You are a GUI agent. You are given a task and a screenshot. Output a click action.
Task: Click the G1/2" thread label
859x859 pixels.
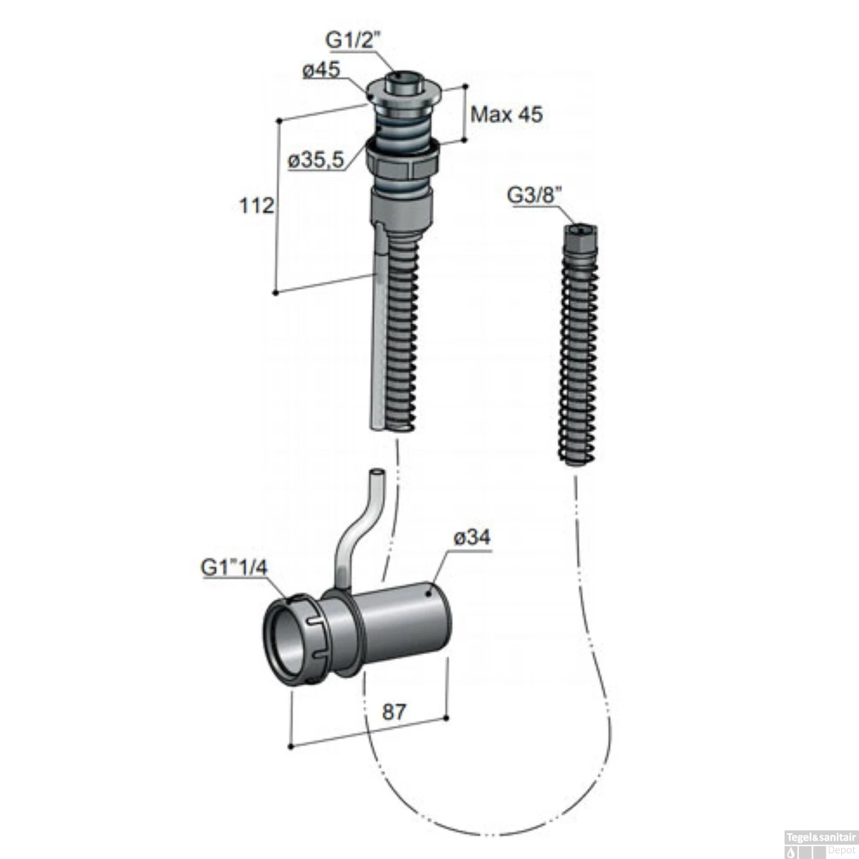pyautogui.click(x=353, y=40)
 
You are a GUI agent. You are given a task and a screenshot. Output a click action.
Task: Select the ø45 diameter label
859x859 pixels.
pyautogui.click(x=321, y=70)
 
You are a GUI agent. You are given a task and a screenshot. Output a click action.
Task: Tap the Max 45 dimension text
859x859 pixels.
pyautogui.click(x=506, y=115)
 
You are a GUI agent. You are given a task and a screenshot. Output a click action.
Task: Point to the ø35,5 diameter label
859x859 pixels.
pyautogui.click(x=316, y=160)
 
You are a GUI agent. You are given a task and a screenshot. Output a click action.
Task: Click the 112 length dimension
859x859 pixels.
pyautogui.click(x=256, y=205)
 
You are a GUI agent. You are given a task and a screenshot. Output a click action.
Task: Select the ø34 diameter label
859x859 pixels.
pyautogui.click(x=472, y=538)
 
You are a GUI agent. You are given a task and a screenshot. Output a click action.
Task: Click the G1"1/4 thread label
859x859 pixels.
pyautogui.click(x=234, y=568)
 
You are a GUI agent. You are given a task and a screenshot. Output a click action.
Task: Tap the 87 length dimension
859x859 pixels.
pyautogui.click(x=394, y=712)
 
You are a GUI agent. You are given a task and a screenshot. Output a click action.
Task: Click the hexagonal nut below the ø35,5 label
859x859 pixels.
pyautogui.click(x=403, y=161)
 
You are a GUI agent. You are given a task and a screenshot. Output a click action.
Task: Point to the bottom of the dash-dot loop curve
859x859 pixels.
pyautogui.click(x=492, y=833)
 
